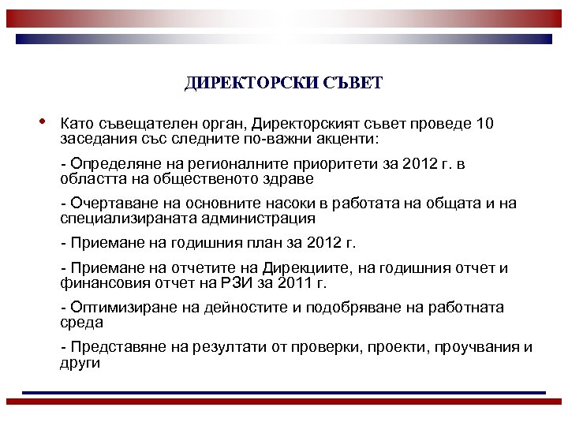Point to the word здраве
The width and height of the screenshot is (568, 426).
(270, 178)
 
